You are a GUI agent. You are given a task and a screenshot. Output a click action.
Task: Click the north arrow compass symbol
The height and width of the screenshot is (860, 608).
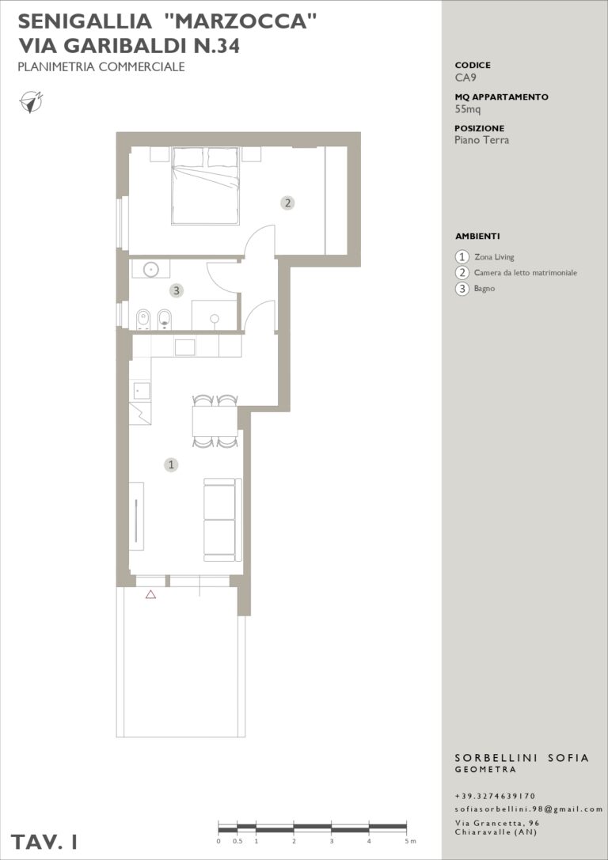(x=32, y=102)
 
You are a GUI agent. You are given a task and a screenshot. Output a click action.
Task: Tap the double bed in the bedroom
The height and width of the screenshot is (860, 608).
(x=206, y=185)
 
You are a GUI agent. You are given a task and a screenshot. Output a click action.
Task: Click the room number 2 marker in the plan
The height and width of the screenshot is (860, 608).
(x=287, y=203)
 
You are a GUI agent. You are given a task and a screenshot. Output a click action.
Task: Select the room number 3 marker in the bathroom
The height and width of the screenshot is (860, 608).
(x=176, y=290)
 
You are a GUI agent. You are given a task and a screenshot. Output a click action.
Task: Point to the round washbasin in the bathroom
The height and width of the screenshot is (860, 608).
(x=151, y=269)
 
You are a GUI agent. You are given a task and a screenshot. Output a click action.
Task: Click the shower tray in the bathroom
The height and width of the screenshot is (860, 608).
(x=214, y=315)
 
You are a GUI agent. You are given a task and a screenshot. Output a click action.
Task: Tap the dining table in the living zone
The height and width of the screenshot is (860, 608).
(x=215, y=421)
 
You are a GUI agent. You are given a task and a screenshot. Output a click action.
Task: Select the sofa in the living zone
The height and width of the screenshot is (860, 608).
(x=222, y=519)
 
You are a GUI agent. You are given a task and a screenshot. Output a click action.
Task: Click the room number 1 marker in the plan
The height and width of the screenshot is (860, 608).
(x=171, y=465)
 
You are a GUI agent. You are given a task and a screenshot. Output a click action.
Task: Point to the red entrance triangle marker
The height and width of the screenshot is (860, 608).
(x=151, y=594)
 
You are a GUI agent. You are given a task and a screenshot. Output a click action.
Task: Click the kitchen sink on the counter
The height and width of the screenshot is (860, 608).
(x=185, y=347)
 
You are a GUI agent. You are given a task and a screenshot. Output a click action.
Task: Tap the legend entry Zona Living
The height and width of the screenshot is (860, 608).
(x=494, y=256)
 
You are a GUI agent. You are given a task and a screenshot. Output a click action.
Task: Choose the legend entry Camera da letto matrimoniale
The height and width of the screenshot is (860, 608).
(x=525, y=273)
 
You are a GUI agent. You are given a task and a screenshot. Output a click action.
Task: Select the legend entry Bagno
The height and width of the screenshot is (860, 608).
(x=484, y=289)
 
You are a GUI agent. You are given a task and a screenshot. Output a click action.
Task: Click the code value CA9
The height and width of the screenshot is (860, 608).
(x=465, y=78)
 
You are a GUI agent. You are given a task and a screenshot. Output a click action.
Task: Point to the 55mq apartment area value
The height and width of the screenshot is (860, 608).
(x=468, y=108)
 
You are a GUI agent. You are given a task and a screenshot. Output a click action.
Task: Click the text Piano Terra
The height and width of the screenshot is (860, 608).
(x=482, y=140)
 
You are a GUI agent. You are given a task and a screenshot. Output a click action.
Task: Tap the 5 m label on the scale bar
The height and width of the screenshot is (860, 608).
(x=409, y=841)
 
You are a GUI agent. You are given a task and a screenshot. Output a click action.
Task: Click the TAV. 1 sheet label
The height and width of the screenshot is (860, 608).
(x=44, y=842)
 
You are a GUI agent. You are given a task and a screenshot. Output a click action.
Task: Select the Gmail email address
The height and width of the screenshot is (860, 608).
(x=529, y=809)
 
